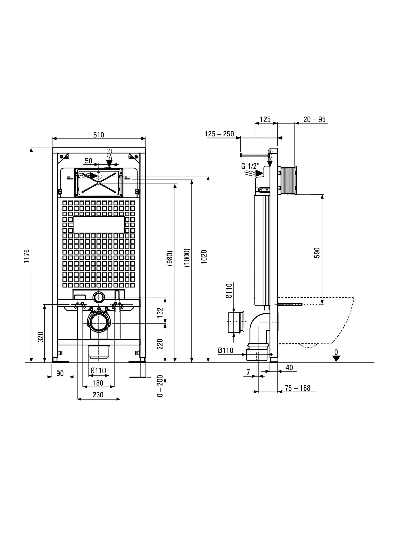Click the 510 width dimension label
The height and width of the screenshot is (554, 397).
[x=99, y=135]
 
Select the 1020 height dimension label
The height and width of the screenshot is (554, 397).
[x=204, y=257]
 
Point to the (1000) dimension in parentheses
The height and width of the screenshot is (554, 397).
[x=187, y=257]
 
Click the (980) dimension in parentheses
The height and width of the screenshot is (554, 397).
[x=170, y=258]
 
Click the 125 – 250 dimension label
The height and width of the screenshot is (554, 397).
[x=219, y=134]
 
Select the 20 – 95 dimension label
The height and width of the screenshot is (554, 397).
[x=314, y=119]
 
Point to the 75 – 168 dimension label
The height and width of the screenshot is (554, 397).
[x=297, y=388]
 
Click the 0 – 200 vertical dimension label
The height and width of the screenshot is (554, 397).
[x=160, y=386]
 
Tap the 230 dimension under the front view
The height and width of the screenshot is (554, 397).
[x=98, y=395]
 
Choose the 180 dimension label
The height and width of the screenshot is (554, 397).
[x=98, y=383]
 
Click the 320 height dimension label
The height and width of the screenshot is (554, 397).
[x=41, y=337]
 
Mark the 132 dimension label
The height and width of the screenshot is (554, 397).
[x=160, y=312]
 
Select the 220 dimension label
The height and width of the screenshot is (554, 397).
[x=160, y=344]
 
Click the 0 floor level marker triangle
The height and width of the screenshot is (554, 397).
[x=336, y=359]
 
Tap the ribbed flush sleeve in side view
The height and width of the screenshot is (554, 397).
[x=287, y=180]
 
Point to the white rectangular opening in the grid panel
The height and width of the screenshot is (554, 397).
[x=99, y=225]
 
